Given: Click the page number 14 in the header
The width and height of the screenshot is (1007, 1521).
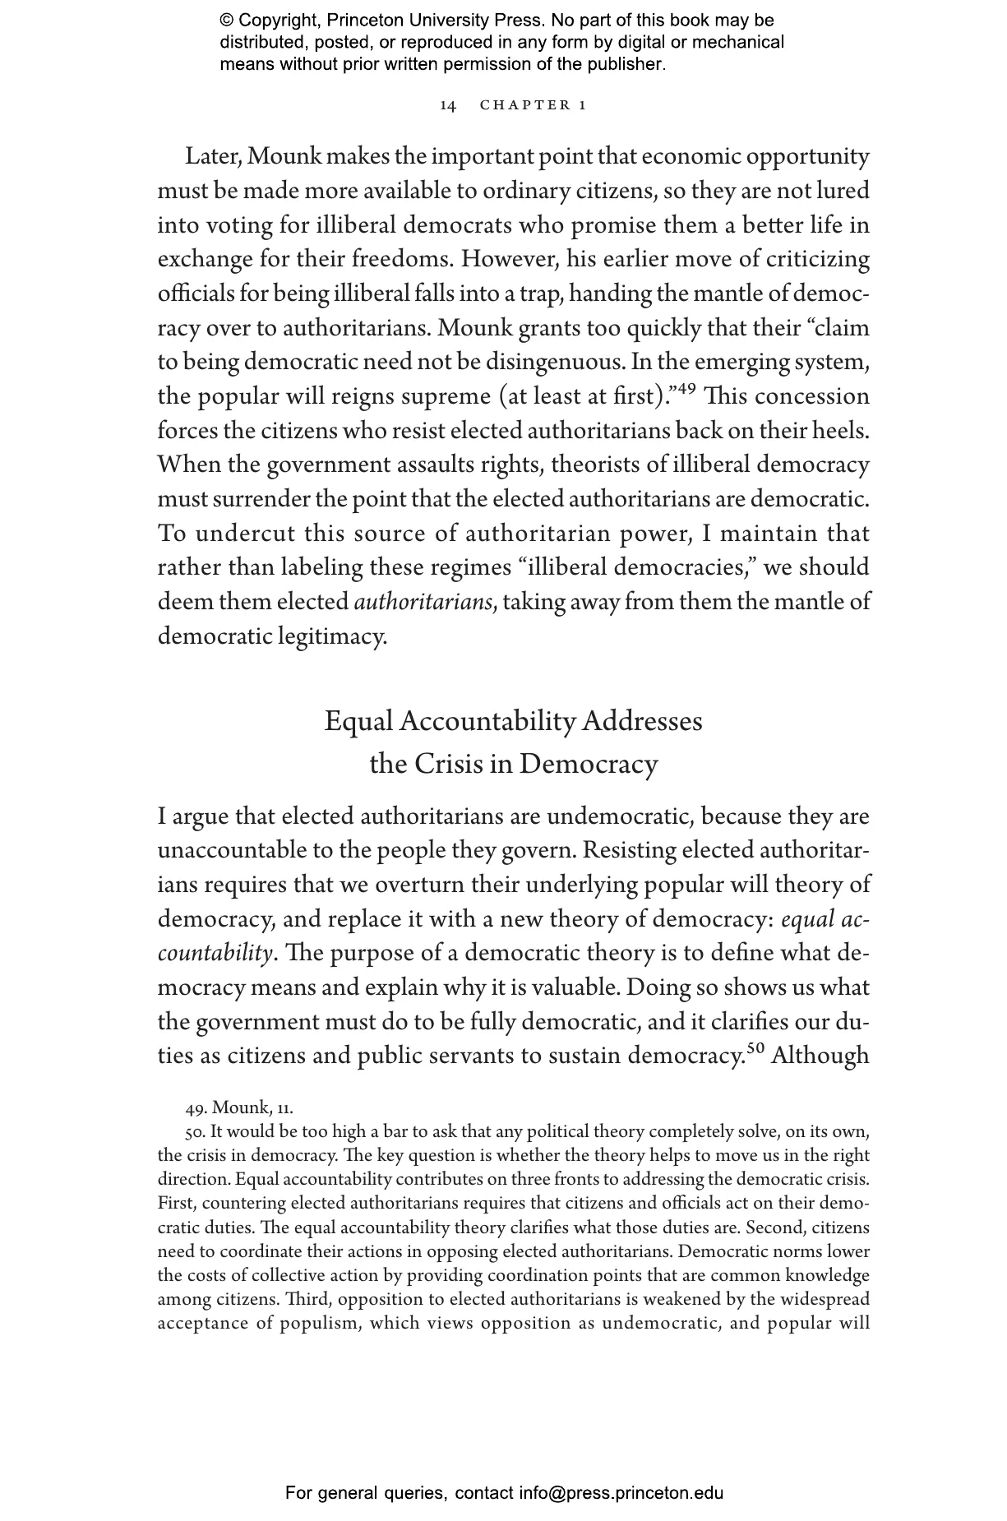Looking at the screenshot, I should click(448, 105).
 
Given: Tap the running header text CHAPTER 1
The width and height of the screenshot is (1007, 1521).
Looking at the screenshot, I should click(533, 105).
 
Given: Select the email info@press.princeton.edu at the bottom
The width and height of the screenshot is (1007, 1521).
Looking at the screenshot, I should click(621, 1492).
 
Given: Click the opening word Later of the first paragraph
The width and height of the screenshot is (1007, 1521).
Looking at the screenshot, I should click(212, 156).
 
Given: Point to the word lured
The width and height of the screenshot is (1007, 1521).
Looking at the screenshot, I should click(843, 191).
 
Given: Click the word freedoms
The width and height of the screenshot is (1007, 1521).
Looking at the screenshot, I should click(402, 260).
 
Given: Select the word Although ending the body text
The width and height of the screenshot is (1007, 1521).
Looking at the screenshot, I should click(820, 1056).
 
